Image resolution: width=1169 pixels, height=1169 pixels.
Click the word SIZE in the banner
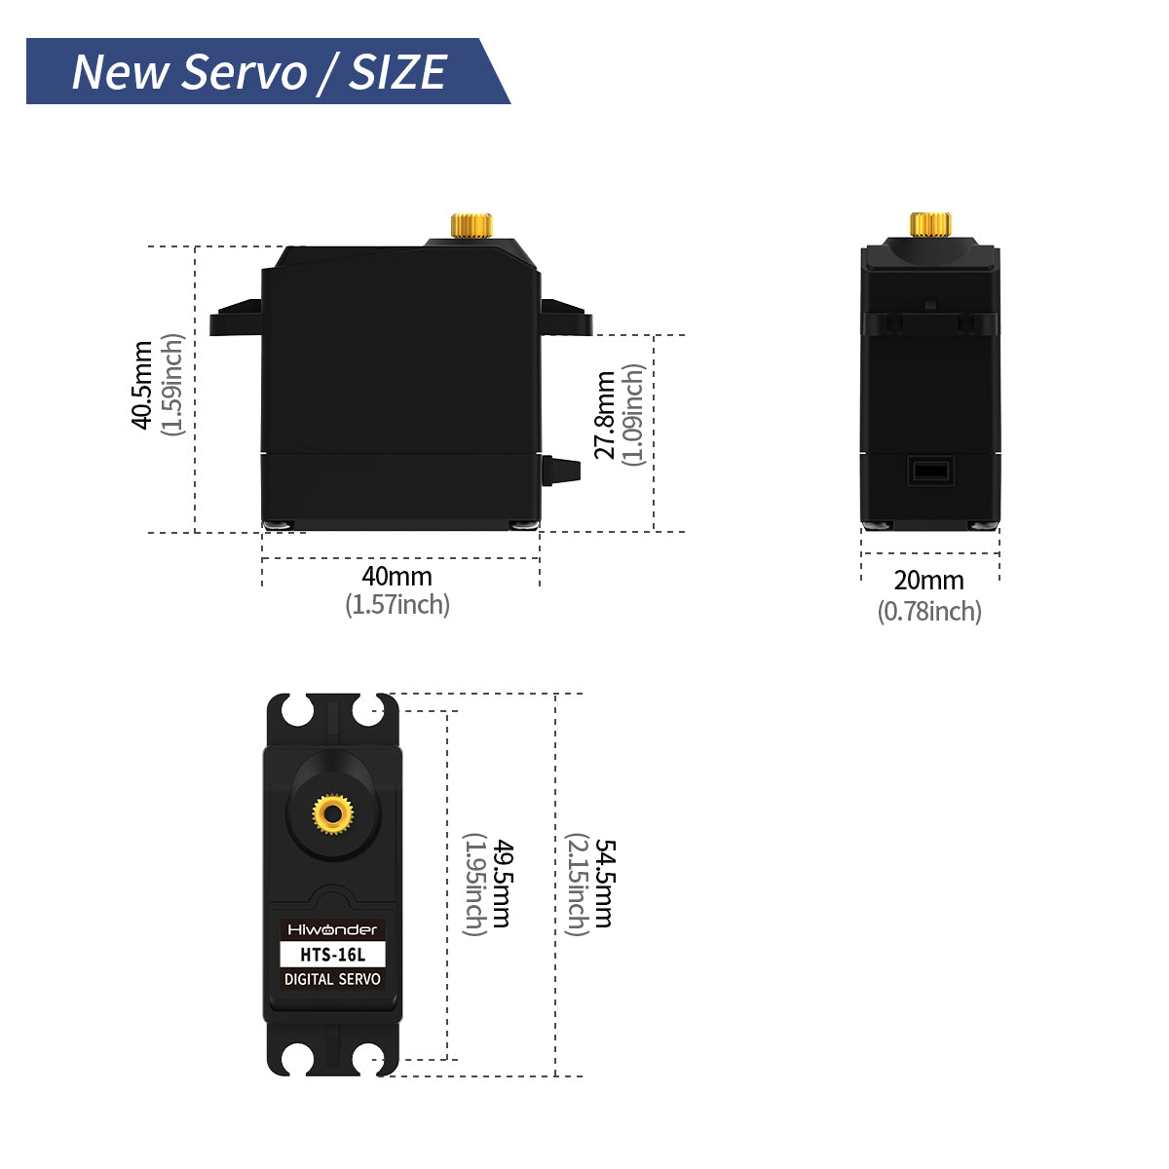[398, 71]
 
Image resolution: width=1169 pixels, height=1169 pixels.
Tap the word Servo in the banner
[245, 71]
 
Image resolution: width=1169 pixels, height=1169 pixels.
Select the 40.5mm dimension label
[141, 385]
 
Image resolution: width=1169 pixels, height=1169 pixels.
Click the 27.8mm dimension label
[604, 416]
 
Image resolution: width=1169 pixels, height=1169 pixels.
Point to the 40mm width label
[397, 577]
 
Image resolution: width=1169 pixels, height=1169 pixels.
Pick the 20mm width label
[928, 581]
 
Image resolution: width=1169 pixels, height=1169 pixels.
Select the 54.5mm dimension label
[605, 884]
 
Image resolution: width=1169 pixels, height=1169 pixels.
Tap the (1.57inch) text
[397, 605]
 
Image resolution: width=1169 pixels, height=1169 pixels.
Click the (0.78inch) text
[929, 612]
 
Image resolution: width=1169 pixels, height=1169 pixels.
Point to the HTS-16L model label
[332, 955]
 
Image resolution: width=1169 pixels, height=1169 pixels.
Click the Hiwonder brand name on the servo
[332, 929]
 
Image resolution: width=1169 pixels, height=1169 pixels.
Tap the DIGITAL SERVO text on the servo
[332, 979]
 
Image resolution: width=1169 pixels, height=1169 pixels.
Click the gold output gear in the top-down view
[333, 814]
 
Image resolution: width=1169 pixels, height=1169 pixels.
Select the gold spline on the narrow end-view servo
[930, 224]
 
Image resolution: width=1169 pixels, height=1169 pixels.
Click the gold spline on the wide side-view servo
[471, 225]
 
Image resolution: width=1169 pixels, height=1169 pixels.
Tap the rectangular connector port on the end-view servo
[930, 471]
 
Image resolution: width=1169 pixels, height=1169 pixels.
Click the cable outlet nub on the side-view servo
[561, 471]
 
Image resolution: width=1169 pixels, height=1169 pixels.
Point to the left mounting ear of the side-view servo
[236, 318]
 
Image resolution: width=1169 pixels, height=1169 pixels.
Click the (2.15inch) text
[578, 885]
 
